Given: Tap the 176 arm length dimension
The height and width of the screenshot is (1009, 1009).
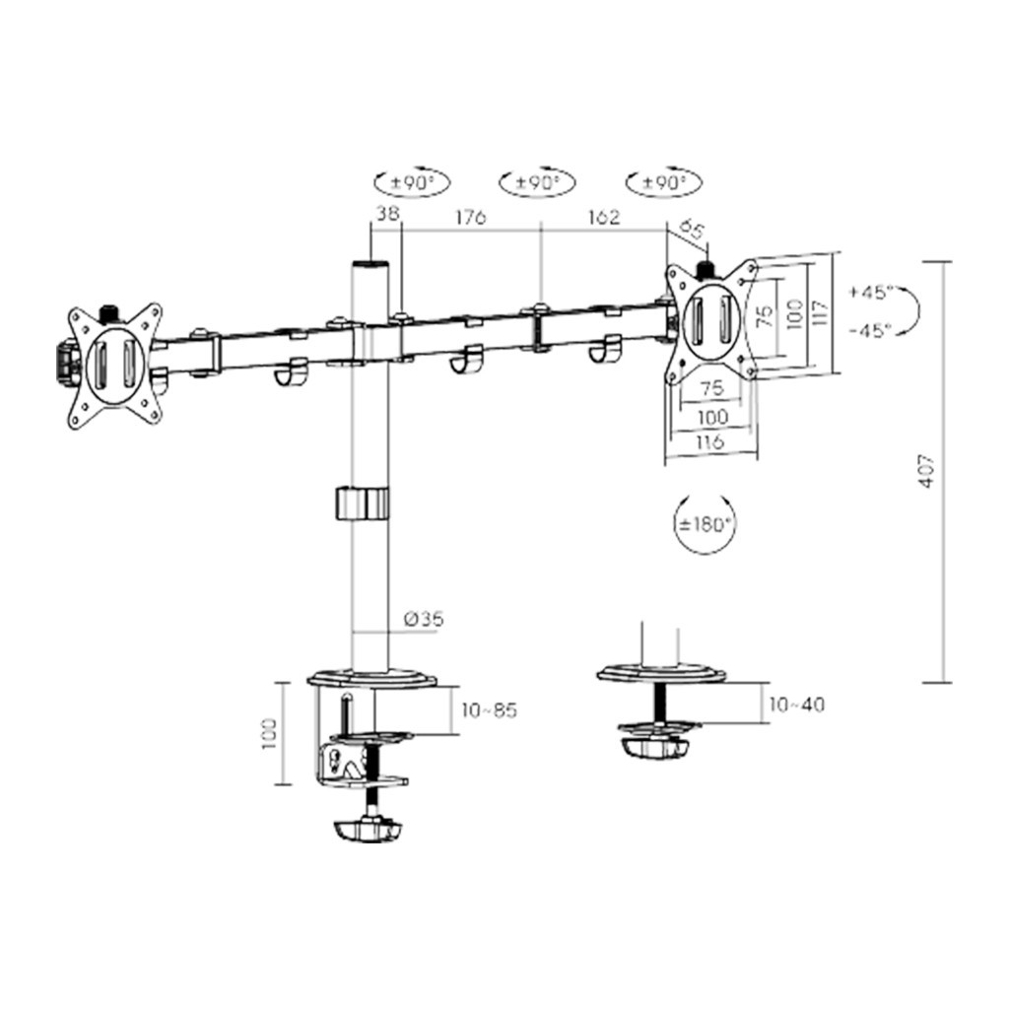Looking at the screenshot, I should coord(469,219).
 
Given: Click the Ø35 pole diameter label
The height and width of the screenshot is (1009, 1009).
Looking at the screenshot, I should coord(424,620).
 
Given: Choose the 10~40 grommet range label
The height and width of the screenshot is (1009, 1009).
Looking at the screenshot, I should coord(796,705).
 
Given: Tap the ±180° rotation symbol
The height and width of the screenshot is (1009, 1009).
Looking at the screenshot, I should coord(706,523).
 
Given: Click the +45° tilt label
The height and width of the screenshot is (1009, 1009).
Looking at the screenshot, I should coord(869,293).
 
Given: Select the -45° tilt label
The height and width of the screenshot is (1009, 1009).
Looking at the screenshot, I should coord(869,330).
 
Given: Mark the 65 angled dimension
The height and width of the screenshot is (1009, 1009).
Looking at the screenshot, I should coord(692,233).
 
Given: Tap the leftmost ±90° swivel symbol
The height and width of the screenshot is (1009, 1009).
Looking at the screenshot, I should coord(411,183).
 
